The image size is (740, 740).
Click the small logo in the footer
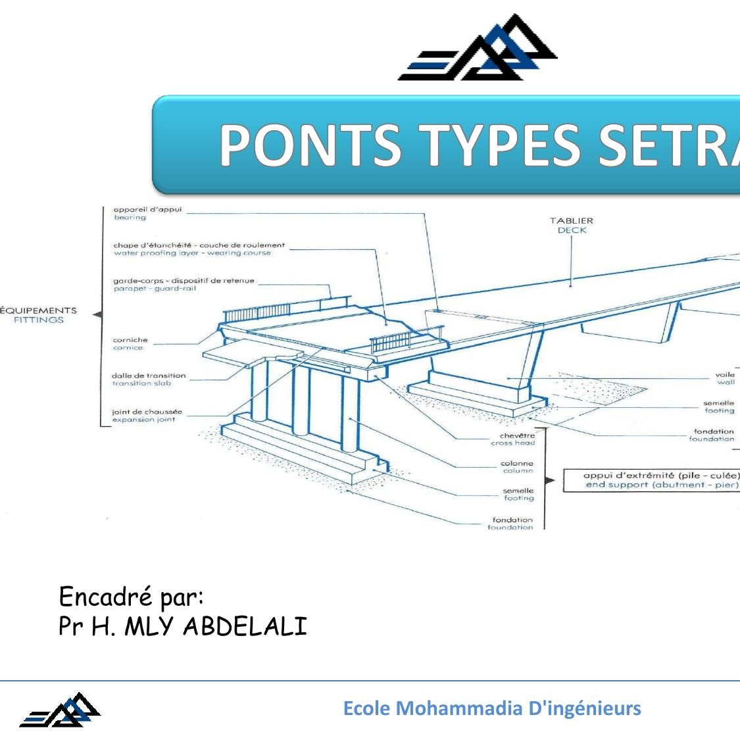(61, 710)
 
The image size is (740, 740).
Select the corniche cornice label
(130, 344)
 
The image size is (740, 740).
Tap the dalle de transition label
(149, 380)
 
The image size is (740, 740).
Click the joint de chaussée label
(147, 416)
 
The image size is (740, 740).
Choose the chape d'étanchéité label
(199, 249)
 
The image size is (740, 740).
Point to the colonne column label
(518, 467)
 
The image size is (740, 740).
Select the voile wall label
(726, 378)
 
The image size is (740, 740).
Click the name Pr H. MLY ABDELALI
(183, 626)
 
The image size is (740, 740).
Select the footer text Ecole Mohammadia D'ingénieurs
(492, 708)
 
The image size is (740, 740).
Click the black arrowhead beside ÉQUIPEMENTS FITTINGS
(97, 315)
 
